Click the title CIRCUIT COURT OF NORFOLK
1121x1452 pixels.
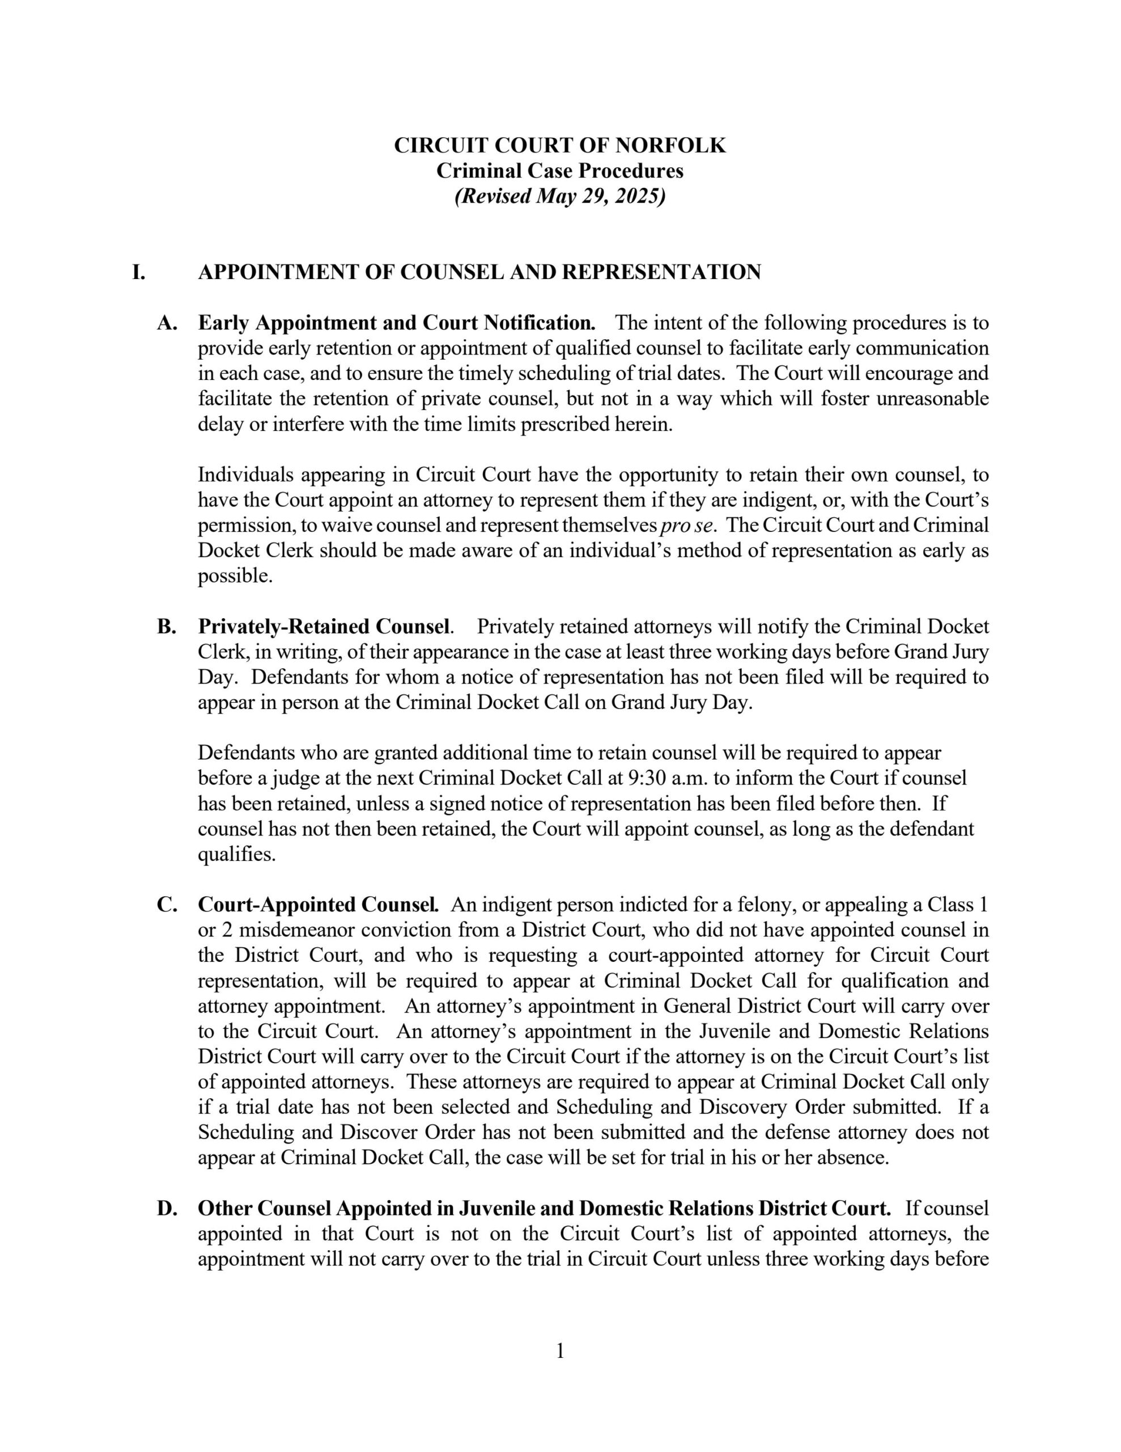pos(559,145)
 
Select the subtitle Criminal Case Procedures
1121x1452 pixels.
pos(559,171)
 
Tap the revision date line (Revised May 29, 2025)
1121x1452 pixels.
pos(559,197)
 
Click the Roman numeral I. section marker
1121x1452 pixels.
pos(138,272)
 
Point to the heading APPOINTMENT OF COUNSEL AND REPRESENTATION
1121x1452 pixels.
pos(479,272)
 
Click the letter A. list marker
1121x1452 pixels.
pos(166,323)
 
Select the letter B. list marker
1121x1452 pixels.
pos(166,626)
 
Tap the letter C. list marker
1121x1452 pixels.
pos(166,905)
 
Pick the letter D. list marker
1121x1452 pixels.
pos(166,1208)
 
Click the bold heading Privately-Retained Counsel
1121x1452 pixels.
pos(325,626)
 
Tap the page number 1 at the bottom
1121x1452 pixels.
pos(559,1350)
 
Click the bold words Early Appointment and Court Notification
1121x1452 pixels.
pos(396,323)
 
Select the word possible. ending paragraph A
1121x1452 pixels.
pos(235,576)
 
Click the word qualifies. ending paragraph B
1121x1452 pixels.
pos(236,854)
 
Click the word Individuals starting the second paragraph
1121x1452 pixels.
pos(246,475)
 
